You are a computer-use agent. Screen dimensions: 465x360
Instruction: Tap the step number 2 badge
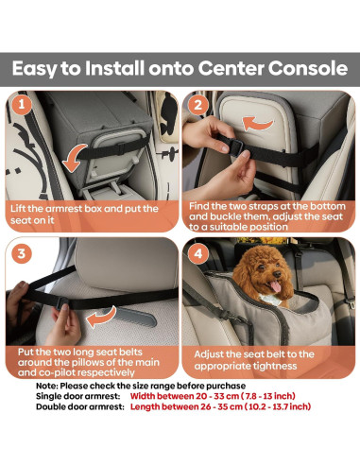coord(197,101)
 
